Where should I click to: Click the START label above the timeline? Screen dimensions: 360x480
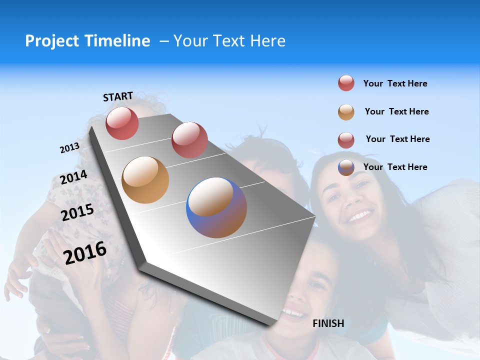[x=118, y=96]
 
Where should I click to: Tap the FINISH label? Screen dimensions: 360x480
[x=328, y=323]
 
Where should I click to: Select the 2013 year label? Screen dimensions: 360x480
[x=69, y=148]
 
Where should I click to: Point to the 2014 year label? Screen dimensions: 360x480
[x=74, y=177]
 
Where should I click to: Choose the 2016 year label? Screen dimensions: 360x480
[x=85, y=252]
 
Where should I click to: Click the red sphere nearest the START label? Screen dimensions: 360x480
[x=122, y=123]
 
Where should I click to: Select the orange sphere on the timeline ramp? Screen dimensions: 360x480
[x=145, y=180]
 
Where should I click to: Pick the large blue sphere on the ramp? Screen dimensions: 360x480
[x=216, y=207]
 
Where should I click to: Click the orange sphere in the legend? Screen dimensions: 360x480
[x=346, y=112]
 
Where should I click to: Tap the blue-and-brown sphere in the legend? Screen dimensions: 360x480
[x=346, y=167]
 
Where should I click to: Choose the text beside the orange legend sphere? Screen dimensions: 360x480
[x=396, y=111]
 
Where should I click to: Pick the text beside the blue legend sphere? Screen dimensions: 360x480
[x=395, y=167]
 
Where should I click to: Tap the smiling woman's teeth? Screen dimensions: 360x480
[x=360, y=216]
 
